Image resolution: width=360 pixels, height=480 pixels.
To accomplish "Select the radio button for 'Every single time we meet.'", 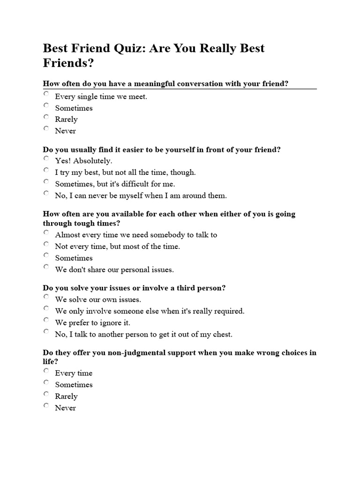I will point(46,94).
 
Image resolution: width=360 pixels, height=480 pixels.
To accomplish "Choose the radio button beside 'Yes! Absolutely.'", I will point(46,158).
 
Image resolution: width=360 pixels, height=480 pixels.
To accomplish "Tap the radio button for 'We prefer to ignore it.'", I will point(46,320).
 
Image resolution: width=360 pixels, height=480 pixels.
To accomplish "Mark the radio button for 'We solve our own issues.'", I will point(46,297).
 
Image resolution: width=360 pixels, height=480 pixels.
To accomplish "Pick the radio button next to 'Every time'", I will point(46,370).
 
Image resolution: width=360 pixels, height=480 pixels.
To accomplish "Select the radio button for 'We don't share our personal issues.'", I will point(46,267).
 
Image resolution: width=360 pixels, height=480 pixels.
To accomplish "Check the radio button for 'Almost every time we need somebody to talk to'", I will point(46,232).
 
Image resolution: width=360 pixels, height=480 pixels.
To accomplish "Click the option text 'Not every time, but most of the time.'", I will point(117,247).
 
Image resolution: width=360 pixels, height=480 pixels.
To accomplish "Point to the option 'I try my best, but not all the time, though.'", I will point(125,172).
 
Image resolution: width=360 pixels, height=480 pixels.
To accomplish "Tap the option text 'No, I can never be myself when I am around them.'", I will point(141,195).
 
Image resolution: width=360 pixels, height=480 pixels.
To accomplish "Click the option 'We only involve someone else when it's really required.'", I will point(150,311).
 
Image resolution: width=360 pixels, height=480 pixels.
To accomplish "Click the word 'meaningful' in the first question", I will point(155,84).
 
